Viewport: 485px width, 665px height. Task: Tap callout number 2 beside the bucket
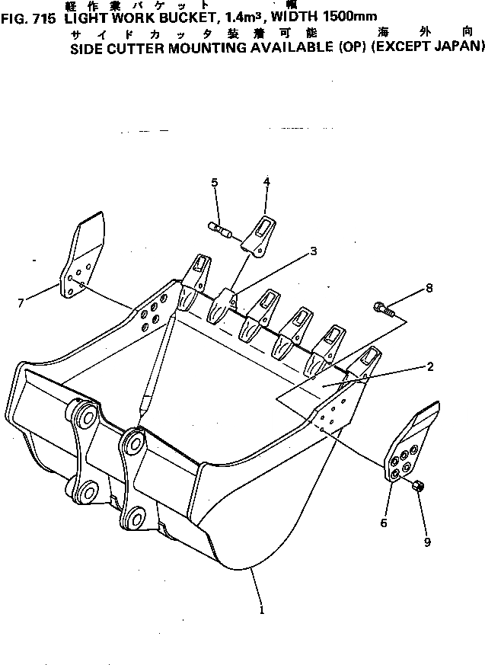(x=430, y=366)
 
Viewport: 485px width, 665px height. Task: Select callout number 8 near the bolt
(x=429, y=288)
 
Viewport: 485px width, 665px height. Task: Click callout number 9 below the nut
(x=427, y=542)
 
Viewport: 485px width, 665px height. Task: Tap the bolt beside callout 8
(x=382, y=309)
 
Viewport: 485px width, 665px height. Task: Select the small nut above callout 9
(x=418, y=486)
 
